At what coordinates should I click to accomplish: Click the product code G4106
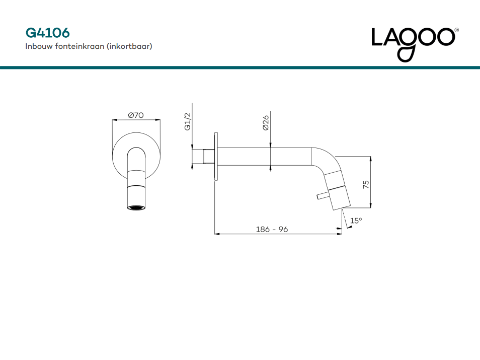[47, 33]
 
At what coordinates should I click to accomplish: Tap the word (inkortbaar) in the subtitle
[129, 46]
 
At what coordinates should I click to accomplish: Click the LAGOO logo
[413, 44]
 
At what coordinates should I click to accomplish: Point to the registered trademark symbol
[456, 30]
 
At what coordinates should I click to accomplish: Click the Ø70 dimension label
[136, 115]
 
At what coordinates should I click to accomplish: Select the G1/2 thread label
[188, 122]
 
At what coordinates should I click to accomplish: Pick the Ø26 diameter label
[265, 123]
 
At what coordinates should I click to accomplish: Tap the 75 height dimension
[366, 184]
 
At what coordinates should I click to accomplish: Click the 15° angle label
[356, 221]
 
